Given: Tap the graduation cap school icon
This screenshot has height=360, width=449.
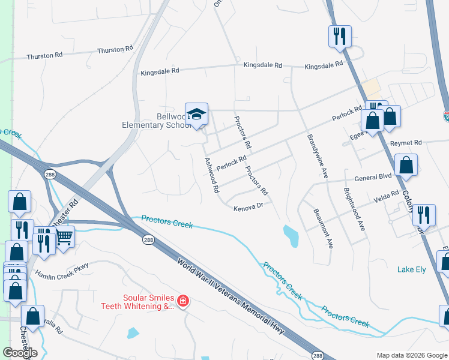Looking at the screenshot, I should click(x=196, y=114).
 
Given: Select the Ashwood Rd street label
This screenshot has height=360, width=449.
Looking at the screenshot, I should click(x=211, y=175).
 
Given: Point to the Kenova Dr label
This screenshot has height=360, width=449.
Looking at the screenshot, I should click(x=249, y=206).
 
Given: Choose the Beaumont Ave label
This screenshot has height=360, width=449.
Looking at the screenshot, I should click(x=322, y=228).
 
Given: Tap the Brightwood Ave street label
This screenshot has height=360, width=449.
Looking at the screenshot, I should click(x=354, y=210).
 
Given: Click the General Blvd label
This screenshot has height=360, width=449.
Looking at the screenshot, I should click(x=373, y=178).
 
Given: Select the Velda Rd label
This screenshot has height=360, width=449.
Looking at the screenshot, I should click(x=386, y=197).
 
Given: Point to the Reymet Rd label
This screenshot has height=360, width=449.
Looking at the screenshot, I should click(x=406, y=143).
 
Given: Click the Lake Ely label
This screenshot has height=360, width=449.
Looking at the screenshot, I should click(x=412, y=269).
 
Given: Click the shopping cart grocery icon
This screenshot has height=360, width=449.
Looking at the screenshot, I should click(x=64, y=238).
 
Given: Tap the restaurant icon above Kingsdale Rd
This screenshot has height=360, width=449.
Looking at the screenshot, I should click(x=339, y=35).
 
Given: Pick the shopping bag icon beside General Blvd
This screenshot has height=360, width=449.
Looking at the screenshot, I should click(x=406, y=166).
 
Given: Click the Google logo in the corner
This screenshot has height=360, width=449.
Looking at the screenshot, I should click(x=20, y=352).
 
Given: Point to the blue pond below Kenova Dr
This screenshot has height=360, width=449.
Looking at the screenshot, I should click(x=291, y=235).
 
